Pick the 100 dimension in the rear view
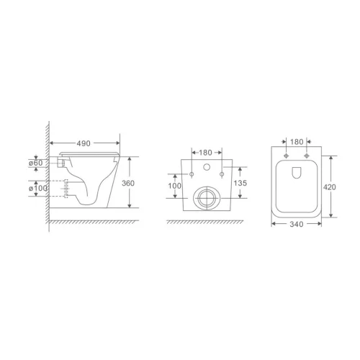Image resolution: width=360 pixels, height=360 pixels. point(174,186)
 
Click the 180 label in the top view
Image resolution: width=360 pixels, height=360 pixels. point(296,142)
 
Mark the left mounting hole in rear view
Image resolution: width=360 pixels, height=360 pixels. point(193,174)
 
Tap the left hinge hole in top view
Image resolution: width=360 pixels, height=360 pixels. point(286,156)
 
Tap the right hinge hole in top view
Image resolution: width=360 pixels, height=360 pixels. point(307,156)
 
